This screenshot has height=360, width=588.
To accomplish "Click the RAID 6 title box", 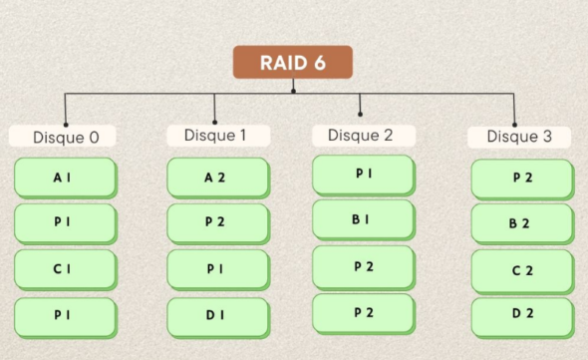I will click(293, 63).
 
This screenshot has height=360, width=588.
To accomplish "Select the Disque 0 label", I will click(66, 137).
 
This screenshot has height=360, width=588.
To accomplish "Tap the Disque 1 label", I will click(214, 134).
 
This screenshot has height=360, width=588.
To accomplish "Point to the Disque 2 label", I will click(360, 134).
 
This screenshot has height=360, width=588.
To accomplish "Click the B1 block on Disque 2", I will click(363, 219).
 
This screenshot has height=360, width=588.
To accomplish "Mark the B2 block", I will click(521, 223).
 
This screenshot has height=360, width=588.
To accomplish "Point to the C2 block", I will click(521, 270).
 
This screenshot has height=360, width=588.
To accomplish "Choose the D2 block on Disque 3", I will click(521, 315).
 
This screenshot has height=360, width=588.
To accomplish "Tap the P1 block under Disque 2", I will click(363, 175).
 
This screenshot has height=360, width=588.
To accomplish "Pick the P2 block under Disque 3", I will click(521, 179).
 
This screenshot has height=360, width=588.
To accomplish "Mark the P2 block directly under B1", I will click(363, 266).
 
